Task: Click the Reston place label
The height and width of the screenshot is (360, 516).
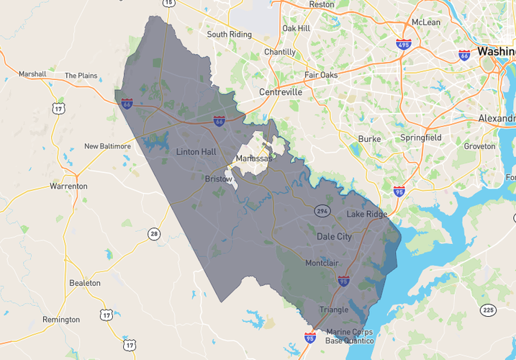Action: click(x=321, y=4)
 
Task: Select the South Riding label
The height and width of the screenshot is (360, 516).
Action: click(x=229, y=35)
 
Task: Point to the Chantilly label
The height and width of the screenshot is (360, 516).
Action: click(x=279, y=52)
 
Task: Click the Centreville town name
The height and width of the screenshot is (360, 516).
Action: click(x=281, y=92)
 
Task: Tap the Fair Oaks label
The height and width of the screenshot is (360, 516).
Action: click(x=321, y=74)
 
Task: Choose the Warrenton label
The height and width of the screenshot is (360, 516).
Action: click(x=68, y=186)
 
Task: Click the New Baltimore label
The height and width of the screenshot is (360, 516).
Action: click(x=107, y=146)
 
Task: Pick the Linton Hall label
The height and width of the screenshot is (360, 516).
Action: click(x=196, y=152)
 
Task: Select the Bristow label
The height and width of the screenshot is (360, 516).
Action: click(x=219, y=179)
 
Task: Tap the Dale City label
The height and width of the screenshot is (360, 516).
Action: click(x=335, y=236)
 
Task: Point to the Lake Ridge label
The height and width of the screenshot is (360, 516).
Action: click(x=367, y=215)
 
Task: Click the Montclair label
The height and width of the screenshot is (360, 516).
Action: click(x=322, y=263)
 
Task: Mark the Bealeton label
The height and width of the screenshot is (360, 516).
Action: click(x=85, y=283)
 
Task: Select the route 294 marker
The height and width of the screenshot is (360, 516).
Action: click(x=322, y=210)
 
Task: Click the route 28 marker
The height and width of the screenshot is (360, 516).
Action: click(x=153, y=233)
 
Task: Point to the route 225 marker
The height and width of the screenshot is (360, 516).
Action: click(x=489, y=310)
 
